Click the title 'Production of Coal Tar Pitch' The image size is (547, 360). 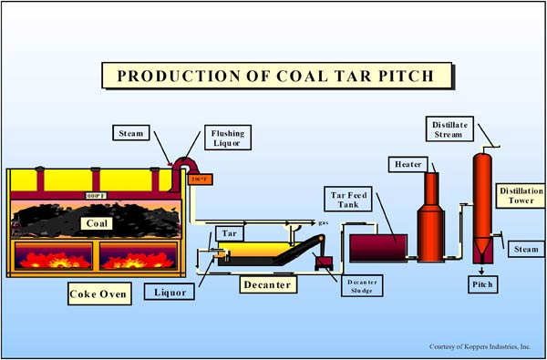273,74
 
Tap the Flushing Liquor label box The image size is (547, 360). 223,138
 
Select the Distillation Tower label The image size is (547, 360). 519,196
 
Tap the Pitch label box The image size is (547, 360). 480,285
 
